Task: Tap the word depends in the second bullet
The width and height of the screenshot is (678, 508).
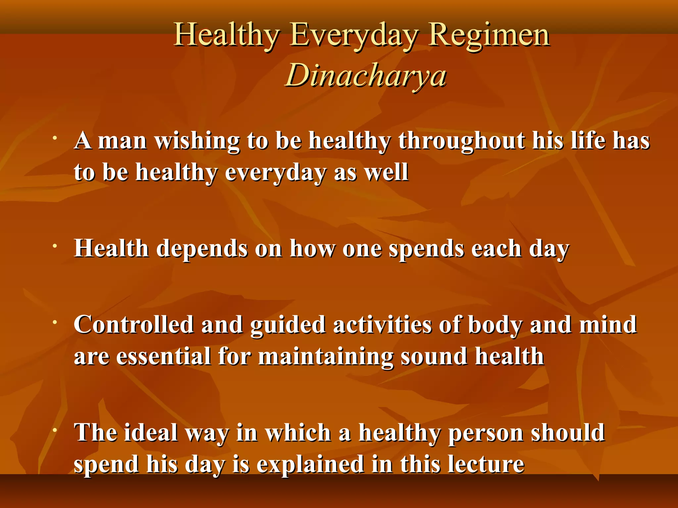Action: coord(202,249)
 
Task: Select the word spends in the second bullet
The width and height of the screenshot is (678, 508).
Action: coord(426,249)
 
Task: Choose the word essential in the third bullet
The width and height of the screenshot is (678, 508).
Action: coord(164,357)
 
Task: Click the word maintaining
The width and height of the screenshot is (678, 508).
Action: coord(326,357)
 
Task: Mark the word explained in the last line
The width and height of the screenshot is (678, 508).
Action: coord(311,464)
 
